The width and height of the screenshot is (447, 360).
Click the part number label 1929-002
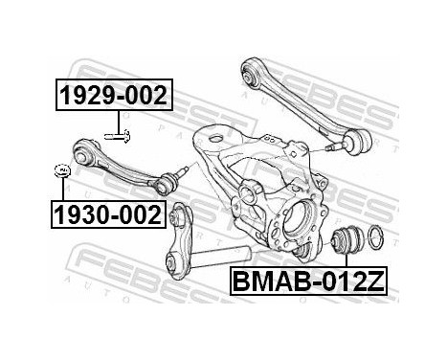(x=113, y=96)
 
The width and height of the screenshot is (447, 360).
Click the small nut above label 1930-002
(x=62, y=171)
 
